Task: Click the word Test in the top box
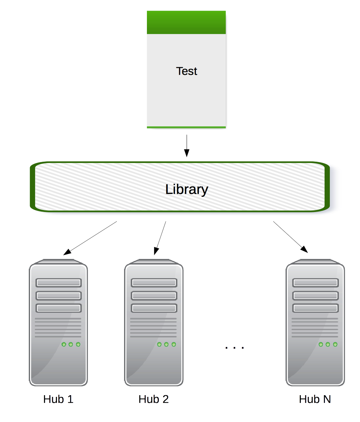186,71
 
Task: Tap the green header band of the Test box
186,22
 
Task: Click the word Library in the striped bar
187,189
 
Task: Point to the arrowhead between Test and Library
187,153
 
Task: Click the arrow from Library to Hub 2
160,238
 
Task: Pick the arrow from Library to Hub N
291,237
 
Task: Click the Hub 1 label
58,399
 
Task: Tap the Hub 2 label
154,399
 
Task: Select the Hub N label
315,399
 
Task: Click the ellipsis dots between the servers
234,348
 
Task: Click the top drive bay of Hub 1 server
59,283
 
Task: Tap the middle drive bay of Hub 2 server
154,295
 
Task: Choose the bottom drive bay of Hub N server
315,308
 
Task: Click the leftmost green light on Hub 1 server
64,344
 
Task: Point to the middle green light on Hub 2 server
166,344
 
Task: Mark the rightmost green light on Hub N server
335,344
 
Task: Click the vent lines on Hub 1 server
58,328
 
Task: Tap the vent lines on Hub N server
315,328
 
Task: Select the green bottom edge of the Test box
186,127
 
